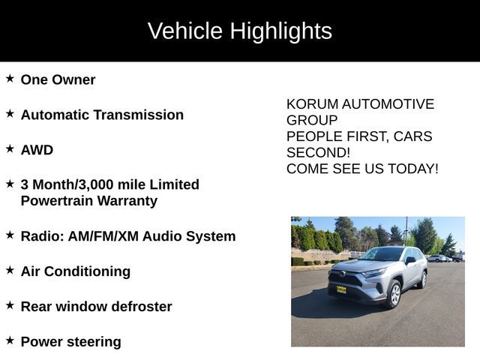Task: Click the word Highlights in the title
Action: pos(280,31)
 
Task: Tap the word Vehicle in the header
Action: pos(185,31)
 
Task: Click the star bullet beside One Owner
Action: pos(10,78)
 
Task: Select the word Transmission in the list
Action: pos(139,115)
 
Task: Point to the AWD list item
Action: pos(37,150)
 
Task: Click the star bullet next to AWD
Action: pos(10,148)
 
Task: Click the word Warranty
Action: pos(127,201)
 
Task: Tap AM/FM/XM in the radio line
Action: pos(103,236)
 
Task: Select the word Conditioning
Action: pos(87,271)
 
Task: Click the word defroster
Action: pos(142,307)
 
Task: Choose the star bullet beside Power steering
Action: pos(10,340)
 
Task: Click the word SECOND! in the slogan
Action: pos(318,152)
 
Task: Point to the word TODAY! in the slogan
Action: pos(413,169)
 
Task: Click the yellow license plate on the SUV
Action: pos(341,289)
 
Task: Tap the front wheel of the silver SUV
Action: pos(395,294)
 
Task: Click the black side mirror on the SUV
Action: pos(410,260)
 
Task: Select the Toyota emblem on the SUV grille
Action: pos(341,274)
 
